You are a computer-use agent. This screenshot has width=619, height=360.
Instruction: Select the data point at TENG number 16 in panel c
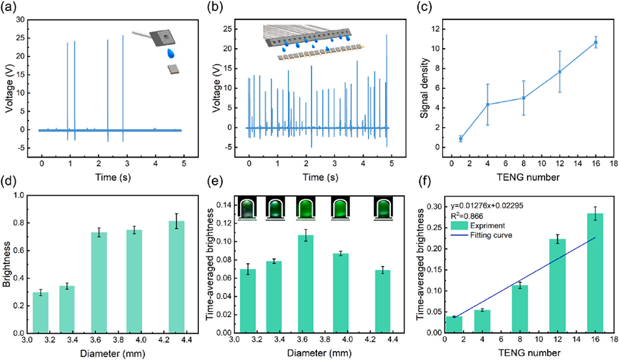[x=596, y=43]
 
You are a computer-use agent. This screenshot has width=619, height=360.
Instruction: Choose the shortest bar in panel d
[x=41, y=312]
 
